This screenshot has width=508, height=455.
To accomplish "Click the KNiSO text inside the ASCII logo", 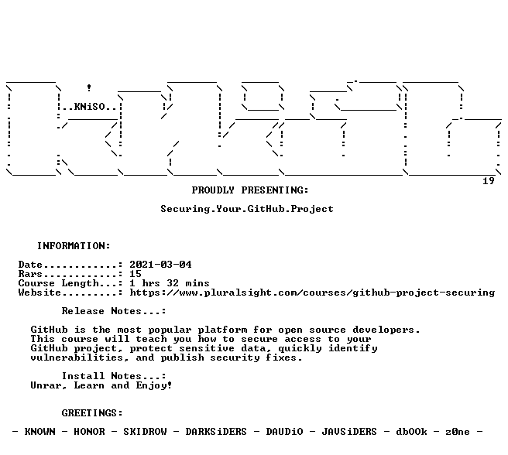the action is pyautogui.click(x=90, y=107).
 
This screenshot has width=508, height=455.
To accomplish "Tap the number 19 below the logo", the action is pyautogui.click(x=489, y=181).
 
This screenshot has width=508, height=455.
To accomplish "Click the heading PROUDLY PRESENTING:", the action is pyautogui.click(x=250, y=190).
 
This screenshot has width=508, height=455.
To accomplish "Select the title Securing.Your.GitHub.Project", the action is pyautogui.click(x=247, y=209).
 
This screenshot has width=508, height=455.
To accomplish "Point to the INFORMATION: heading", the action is pyautogui.click(x=74, y=246).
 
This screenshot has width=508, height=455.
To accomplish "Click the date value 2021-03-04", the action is pyautogui.click(x=161, y=265).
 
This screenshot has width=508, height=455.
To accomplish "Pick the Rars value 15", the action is pyautogui.click(x=136, y=274).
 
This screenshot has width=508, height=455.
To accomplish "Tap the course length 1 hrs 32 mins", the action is pyautogui.click(x=170, y=283).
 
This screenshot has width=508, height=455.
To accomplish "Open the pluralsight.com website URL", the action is pyautogui.click(x=312, y=292).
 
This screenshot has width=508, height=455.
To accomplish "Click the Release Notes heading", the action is pyautogui.click(x=114, y=311).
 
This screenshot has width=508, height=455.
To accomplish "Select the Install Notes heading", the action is pyautogui.click(x=114, y=376).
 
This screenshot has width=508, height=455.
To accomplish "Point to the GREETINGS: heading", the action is pyautogui.click(x=92, y=413).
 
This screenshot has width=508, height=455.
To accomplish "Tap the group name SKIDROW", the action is pyautogui.click(x=145, y=432).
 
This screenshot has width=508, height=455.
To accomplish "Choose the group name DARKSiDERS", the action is pyautogui.click(x=216, y=432).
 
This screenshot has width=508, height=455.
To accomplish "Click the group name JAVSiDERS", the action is pyautogui.click(x=349, y=432).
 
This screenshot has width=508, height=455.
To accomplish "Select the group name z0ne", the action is pyautogui.click(x=458, y=432).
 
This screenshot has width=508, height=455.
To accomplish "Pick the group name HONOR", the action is pyautogui.click(x=89, y=432).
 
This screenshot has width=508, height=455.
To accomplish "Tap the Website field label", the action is pyautogui.click(x=39, y=292).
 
